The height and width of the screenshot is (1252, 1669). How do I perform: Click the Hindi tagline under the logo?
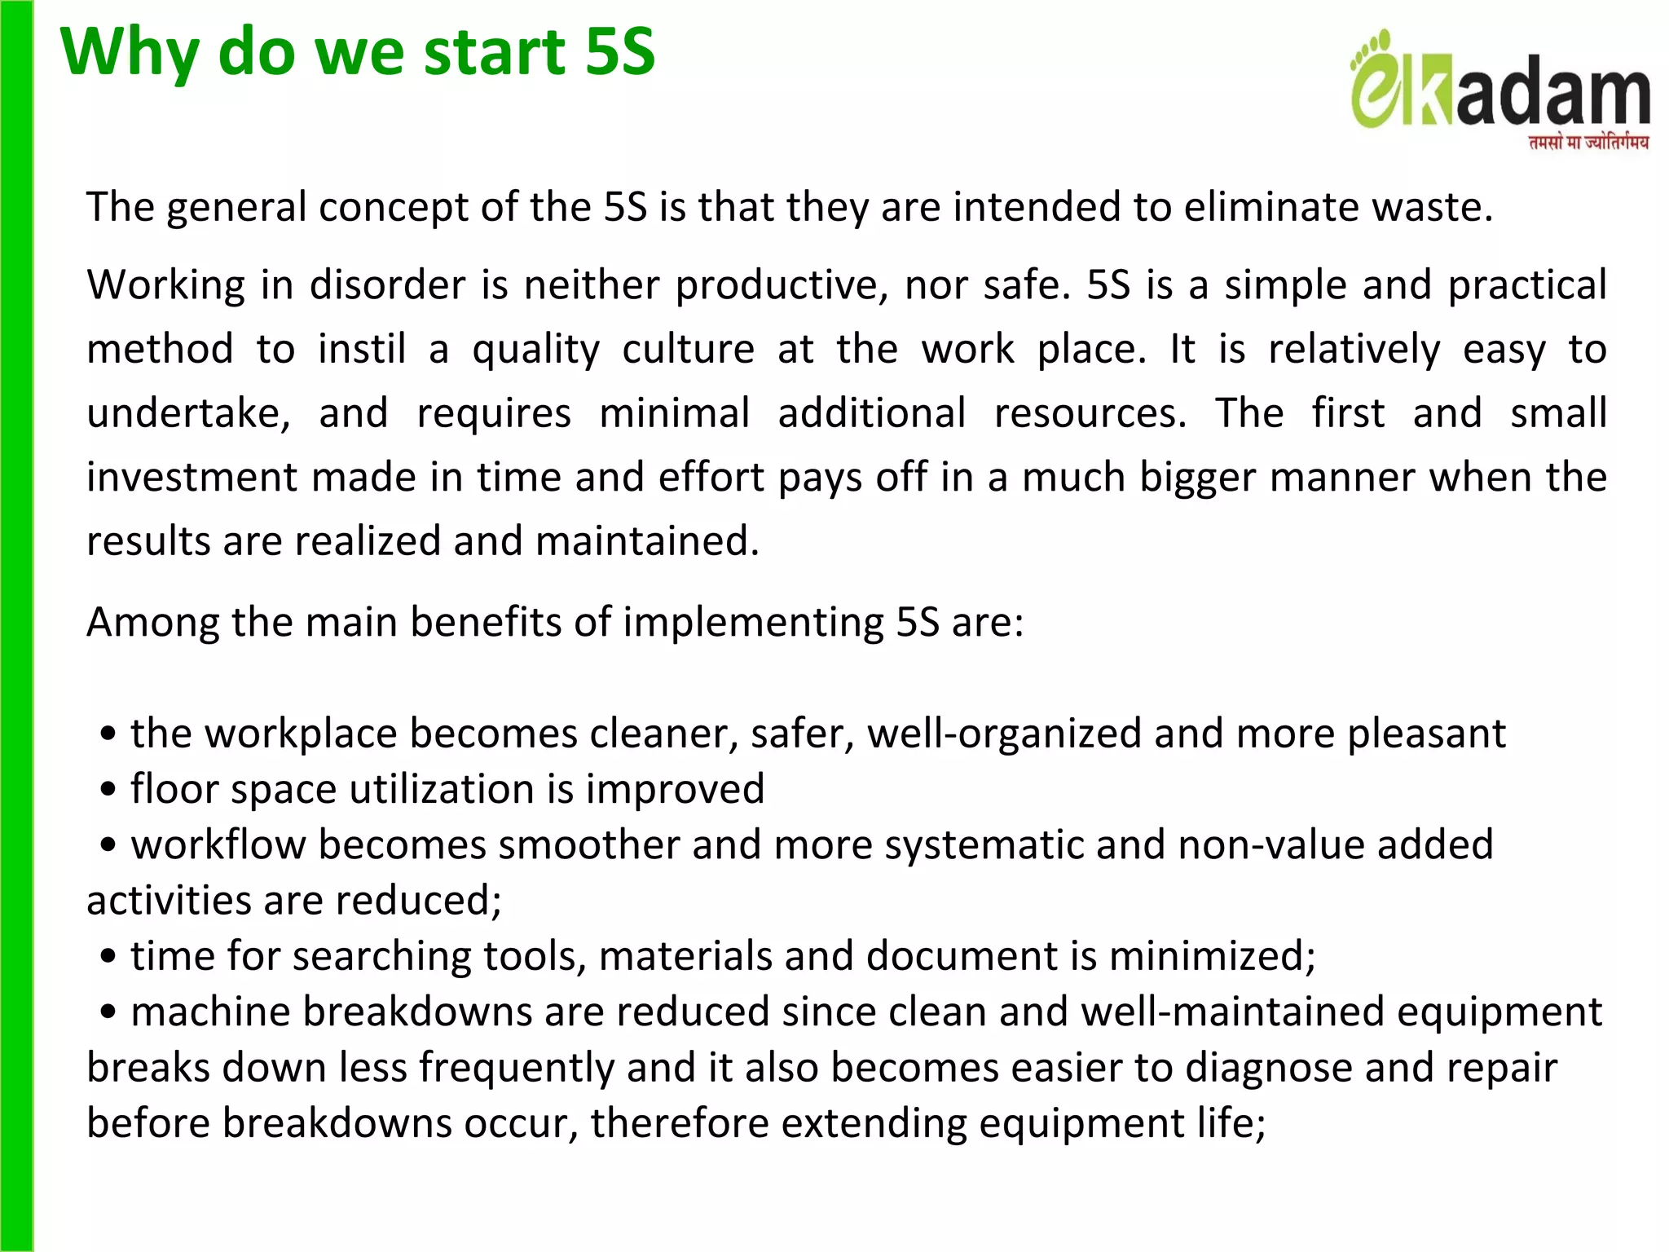coord(1588,143)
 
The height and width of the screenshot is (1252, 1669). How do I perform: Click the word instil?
coord(362,350)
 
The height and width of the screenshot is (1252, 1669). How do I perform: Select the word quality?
coord(536,350)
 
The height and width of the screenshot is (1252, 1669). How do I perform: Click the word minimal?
coord(674,413)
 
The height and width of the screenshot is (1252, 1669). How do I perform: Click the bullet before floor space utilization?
coord(108,790)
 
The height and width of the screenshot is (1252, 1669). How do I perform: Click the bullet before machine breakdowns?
coord(108,1012)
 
